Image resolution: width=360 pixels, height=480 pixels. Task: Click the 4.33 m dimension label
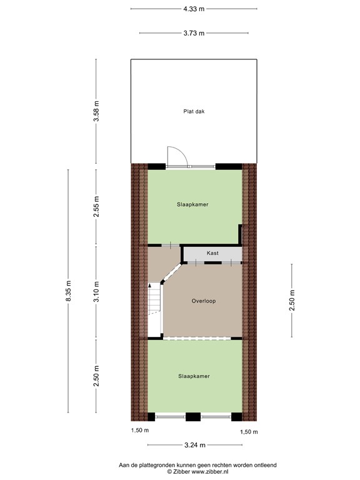[193, 9]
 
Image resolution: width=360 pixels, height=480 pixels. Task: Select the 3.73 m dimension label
[193, 33]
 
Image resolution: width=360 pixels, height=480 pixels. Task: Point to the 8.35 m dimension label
[69, 290]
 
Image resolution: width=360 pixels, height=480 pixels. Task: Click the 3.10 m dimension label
[96, 293]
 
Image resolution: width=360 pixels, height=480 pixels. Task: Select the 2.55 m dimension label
[96, 207]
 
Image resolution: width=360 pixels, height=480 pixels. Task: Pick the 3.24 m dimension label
[193, 446]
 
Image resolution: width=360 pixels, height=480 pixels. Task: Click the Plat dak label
[194, 112]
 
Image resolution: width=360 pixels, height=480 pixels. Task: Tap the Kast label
[213, 254]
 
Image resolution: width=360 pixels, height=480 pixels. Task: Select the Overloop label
[204, 301]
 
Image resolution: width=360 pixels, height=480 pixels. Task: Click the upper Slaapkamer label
[193, 204]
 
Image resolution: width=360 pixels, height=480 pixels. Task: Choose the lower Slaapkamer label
[194, 376]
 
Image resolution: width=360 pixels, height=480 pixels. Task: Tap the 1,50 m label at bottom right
[249, 432]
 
